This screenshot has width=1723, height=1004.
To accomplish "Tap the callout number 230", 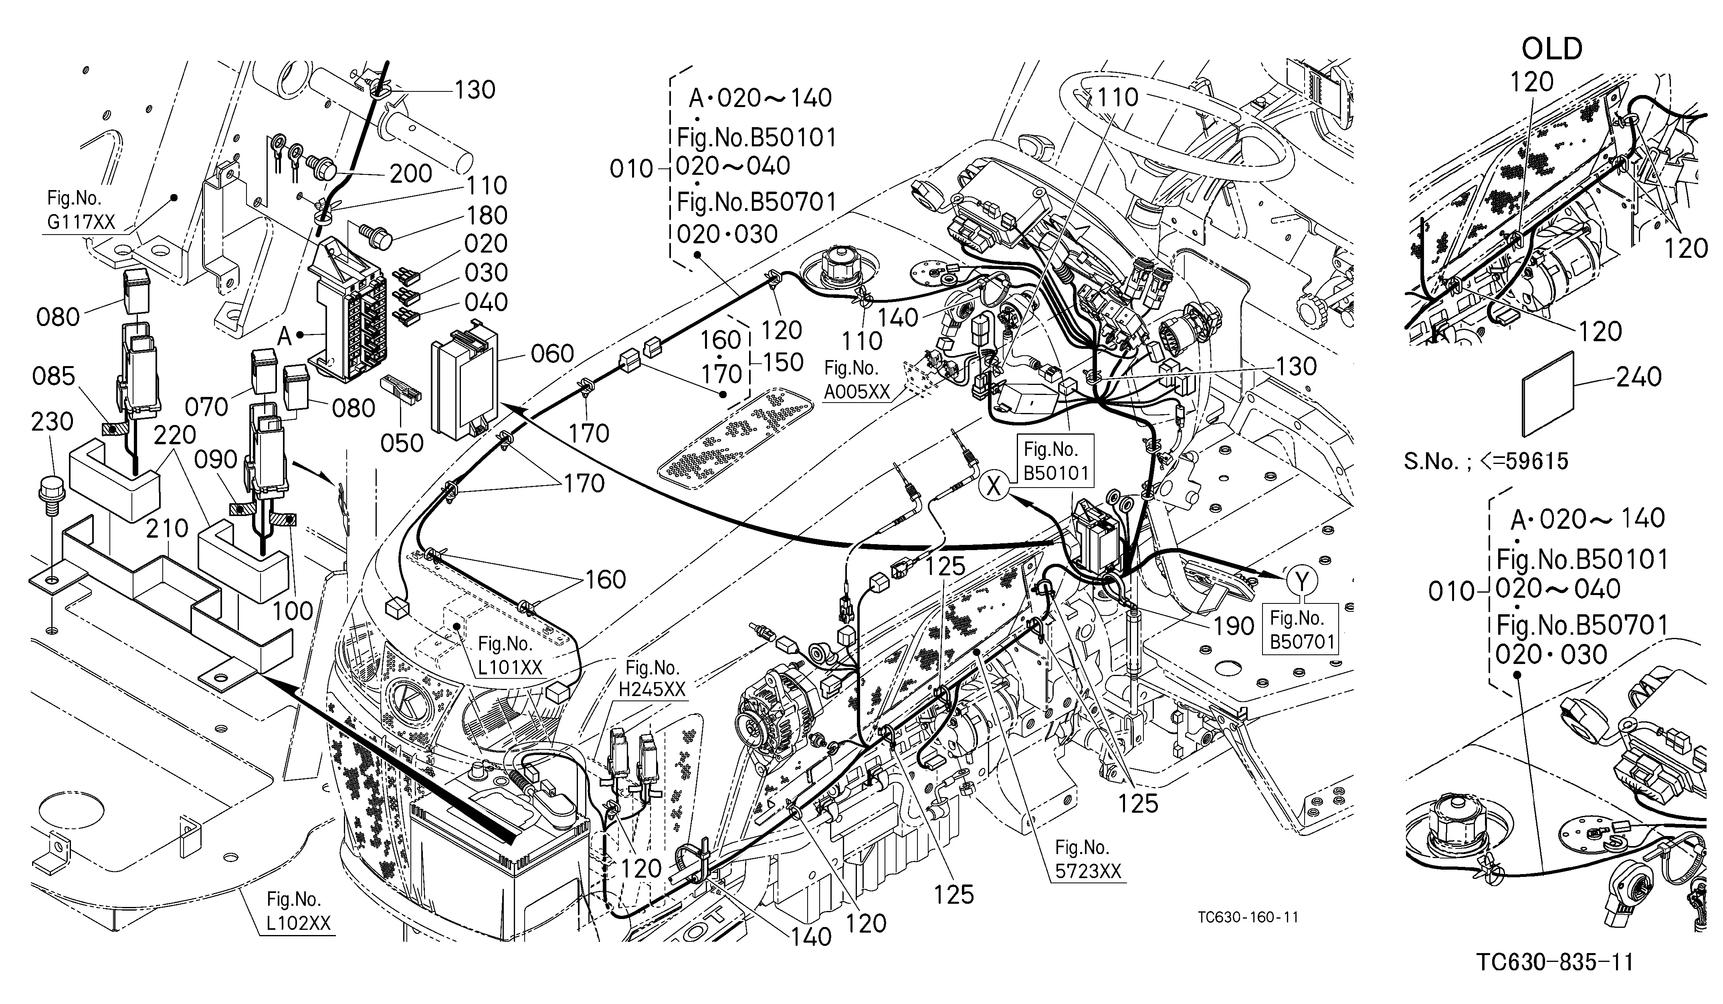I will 52,421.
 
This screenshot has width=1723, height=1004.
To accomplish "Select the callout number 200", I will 411,173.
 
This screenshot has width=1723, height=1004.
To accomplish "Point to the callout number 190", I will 1234,626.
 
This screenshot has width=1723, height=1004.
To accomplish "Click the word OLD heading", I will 1552,49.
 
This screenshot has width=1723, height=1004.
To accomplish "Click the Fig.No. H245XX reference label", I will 652,678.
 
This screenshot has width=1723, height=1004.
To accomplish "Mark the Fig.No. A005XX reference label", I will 857,380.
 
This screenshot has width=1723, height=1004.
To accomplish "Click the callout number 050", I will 402,443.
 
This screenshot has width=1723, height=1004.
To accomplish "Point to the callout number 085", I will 54,376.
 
